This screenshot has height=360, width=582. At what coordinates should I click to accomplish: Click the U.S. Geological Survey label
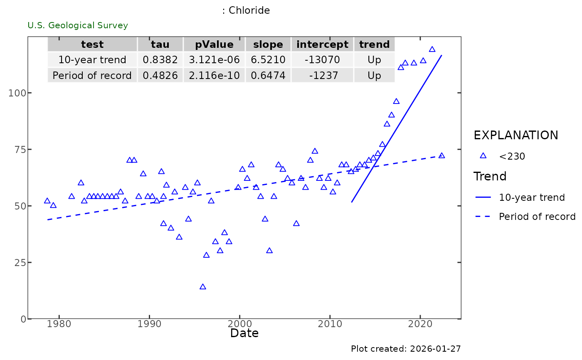click(78, 25)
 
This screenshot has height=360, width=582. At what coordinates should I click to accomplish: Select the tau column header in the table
click(160, 44)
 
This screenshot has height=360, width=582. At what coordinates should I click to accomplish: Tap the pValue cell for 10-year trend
click(214, 60)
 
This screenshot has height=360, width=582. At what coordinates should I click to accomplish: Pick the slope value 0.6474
click(268, 76)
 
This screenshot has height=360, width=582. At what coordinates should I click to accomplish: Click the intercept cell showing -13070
click(322, 60)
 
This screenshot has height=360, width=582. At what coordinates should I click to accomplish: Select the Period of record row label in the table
click(92, 76)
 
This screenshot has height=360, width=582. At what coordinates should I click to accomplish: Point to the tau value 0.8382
click(160, 60)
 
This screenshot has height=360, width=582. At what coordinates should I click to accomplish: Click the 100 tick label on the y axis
click(17, 93)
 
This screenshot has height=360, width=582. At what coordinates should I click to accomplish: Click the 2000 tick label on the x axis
click(240, 324)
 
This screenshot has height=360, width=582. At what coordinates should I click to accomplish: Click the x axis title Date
click(244, 333)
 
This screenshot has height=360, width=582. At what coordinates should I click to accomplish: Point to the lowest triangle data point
click(203, 287)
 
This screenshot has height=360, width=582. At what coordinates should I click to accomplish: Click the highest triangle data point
click(432, 49)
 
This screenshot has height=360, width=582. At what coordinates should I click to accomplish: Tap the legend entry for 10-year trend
click(532, 197)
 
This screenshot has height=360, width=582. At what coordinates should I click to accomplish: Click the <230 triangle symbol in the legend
click(483, 156)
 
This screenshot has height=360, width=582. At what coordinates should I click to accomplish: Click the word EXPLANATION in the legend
click(516, 135)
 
